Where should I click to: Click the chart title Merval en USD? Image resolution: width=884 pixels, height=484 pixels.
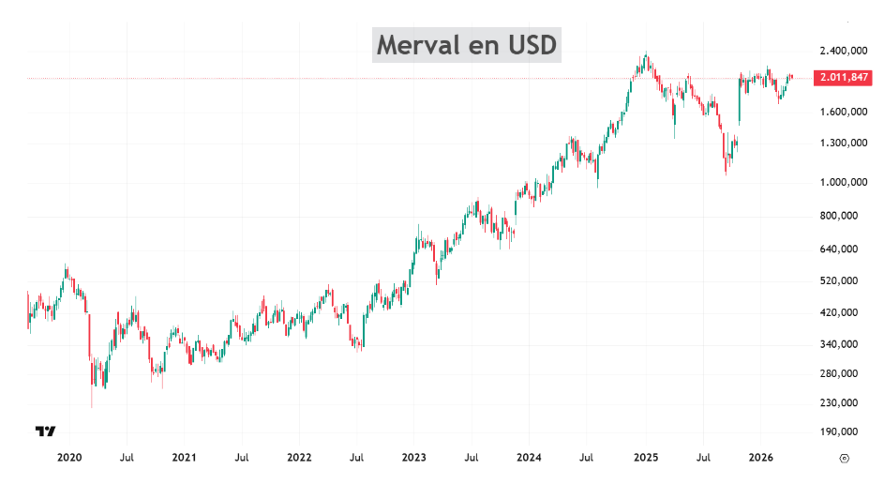pos(467,44)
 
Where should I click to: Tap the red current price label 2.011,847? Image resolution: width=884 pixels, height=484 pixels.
pos(843,78)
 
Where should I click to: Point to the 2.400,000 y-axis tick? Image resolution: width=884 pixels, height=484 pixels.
pos(841,51)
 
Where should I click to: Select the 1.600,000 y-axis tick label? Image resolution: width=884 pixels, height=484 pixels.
pos(841,112)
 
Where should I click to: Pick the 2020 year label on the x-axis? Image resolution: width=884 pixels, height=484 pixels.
pos(69,458)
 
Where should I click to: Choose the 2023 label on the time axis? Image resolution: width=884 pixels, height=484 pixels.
pos(414,458)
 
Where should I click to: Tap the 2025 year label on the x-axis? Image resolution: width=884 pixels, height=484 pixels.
pos(646,458)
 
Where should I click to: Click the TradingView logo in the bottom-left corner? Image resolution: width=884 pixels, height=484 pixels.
pos(45,431)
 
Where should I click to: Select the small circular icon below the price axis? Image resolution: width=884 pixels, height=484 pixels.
pos(844,458)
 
